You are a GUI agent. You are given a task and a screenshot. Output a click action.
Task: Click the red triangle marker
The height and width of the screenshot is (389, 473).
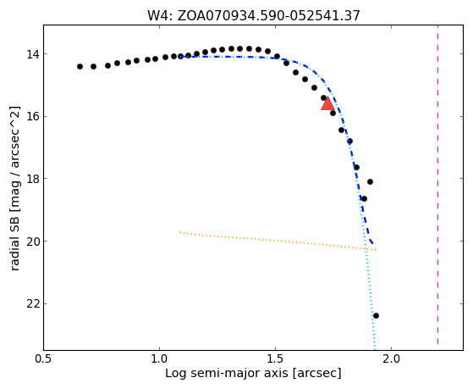click(x=327, y=103)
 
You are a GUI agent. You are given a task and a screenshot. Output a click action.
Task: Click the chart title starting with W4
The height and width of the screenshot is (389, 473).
click(x=253, y=15)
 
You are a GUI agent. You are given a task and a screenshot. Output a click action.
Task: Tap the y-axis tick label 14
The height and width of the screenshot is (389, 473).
click(x=33, y=54)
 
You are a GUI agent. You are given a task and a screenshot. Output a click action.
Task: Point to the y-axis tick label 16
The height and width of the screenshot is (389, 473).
click(x=33, y=117)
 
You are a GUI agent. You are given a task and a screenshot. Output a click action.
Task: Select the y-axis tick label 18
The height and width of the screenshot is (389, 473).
click(x=33, y=179)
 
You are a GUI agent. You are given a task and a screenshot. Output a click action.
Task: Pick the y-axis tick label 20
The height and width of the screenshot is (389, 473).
click(x=33, y=242)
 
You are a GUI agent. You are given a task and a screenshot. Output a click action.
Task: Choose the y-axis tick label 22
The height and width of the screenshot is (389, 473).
click(x=33, y=303)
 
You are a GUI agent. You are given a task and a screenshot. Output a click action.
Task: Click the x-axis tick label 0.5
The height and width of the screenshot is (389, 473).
click(x=43, y=358)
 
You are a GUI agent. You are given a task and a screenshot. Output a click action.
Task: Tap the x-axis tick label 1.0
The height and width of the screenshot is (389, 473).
click(x=159, y=358)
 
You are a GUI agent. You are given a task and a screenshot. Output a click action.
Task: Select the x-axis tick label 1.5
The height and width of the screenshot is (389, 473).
click(x=275, y=358)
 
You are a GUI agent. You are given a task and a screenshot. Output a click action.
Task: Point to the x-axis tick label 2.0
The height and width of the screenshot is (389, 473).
click(x=391, y=358)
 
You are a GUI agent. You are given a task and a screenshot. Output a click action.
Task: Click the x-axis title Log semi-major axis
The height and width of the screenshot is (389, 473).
click(x=253, y=374)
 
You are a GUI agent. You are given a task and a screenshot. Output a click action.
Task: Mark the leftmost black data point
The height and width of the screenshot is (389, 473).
click(x=80, y=66)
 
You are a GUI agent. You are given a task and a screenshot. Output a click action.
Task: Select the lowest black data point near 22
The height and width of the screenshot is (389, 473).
click(x=376, y=316)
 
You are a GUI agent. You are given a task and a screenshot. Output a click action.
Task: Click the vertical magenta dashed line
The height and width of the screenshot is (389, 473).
click(x=437, y=185)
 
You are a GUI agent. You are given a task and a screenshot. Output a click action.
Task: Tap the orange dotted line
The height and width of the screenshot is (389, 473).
click(x=278, y=241)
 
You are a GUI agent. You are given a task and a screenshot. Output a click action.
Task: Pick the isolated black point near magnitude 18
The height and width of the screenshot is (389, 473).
click(x=370, y=181)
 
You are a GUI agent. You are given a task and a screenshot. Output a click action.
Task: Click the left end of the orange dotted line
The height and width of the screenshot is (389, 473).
click(x=180, y=232)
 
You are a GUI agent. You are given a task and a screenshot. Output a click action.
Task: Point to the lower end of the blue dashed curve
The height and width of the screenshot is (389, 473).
click(x=373, y=243)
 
